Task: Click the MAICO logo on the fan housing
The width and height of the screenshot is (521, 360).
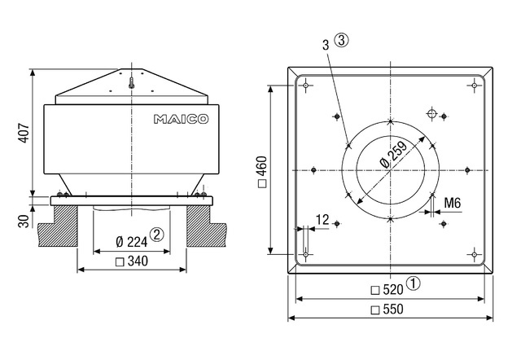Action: (181, 119)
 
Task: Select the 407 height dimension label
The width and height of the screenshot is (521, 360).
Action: (24, 134)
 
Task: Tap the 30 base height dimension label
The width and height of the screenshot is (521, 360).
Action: (24, 221)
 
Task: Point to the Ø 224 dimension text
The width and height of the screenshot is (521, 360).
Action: (132, 241)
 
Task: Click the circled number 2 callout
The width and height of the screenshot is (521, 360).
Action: (157, 235)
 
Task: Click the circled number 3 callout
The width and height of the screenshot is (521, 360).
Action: (342, 41)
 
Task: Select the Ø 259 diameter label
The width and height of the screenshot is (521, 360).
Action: (393, 154)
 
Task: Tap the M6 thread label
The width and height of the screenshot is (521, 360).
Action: (453, 203)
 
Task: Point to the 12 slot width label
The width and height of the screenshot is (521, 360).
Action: (322, 220)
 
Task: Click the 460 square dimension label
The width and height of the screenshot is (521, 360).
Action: (262, 172)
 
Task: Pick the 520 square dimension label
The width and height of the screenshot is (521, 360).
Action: (387, 290)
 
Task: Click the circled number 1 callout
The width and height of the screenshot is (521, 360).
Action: (414, 283)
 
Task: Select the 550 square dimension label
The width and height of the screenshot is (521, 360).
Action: (387, 310)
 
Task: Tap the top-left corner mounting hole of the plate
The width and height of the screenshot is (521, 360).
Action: (306, 86)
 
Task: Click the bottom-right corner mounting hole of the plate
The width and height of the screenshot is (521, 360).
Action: (475, 255)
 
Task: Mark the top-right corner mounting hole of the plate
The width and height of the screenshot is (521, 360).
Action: (475, 86)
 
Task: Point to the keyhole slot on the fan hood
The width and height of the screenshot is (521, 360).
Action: (132, 83)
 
